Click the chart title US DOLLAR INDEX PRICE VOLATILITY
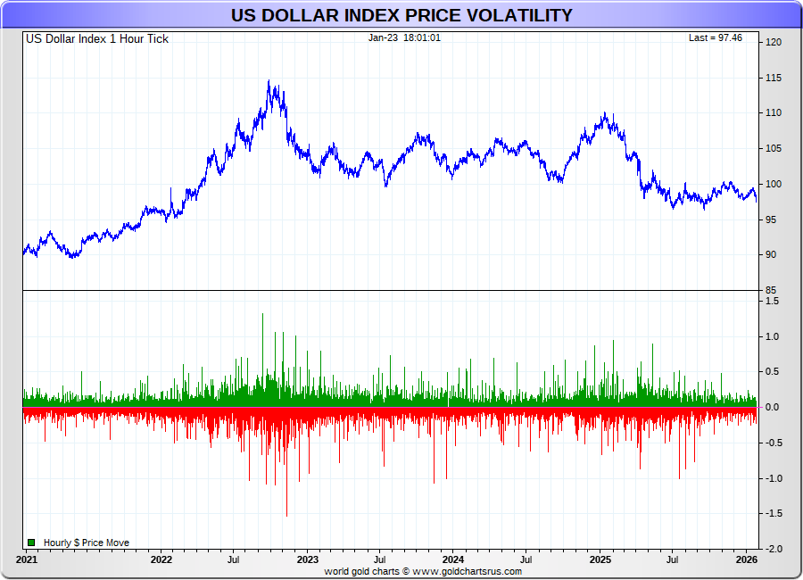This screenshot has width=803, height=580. coord(401,15)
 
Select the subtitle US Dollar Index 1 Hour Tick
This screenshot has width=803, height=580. coord(96,38)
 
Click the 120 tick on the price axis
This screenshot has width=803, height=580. coord(773,43)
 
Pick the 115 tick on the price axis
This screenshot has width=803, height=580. coord(773,79)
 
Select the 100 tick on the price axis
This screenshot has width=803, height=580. coord(773,185)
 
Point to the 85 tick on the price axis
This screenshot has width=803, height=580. coord(771,291)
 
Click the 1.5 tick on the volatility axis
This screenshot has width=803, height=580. coord(771,302)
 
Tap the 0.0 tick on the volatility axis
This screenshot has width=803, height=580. coord(771,408)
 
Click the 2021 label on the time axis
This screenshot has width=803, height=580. coord(27,560)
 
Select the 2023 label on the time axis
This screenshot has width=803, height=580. coord(307,560)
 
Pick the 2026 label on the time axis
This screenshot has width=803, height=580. coord(747,560)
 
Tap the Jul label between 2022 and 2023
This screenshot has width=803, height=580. coord(234,560)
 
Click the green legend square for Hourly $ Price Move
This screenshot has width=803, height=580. coord(31,543)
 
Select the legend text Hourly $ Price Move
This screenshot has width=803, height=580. coord(86,543)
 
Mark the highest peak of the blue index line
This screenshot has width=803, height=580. coord(269,81)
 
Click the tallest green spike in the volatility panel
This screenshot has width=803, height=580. coord(262,314)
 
